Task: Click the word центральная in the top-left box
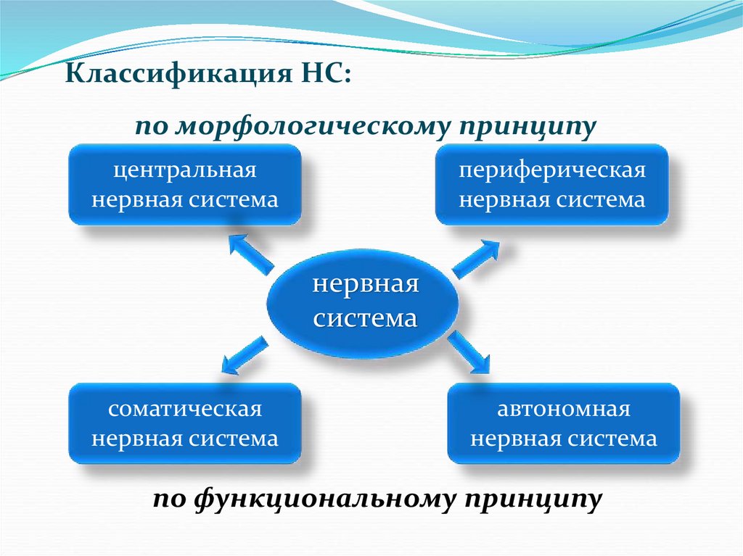184,172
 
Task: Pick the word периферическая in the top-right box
551,172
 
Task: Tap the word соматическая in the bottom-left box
184,410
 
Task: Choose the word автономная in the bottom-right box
563,410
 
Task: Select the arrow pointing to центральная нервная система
248,252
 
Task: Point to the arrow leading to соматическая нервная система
242,354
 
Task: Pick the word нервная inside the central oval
366,283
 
